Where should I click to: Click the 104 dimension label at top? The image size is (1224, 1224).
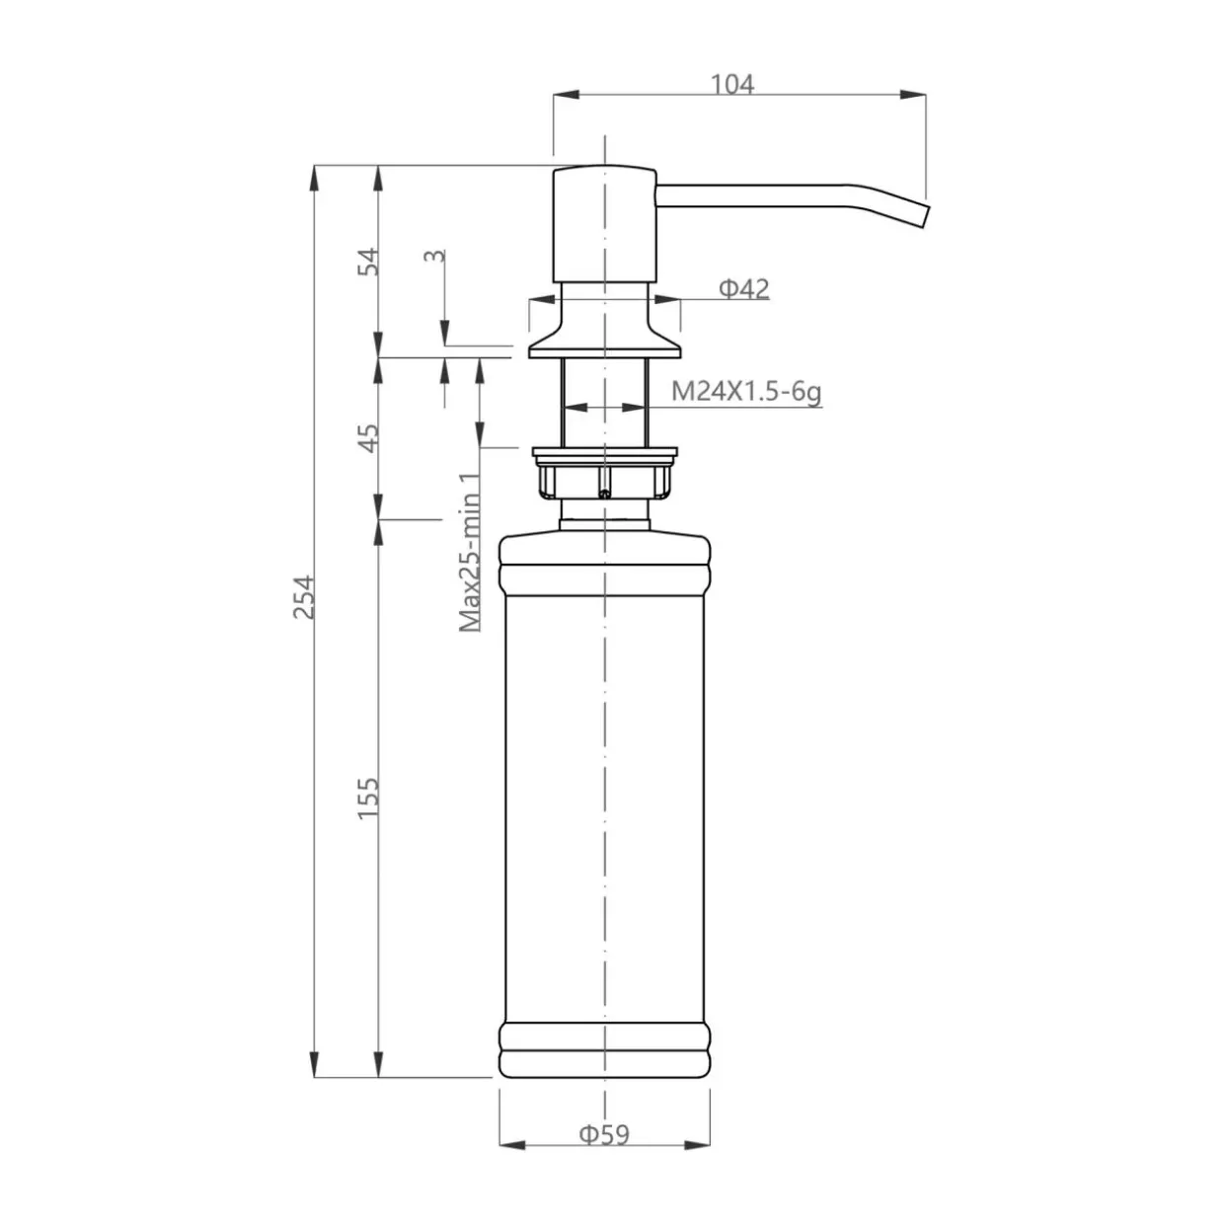click(x=732, y=84)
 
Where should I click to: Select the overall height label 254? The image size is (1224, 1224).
click(x=304, y=596)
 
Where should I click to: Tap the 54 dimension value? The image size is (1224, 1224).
click(x=368, y=262)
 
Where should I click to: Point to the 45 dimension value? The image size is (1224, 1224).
click(x=368, y=436)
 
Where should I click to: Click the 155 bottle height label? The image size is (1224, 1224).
click(x=368, y=798)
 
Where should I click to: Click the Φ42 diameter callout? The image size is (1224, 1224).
click(x=743, y=288)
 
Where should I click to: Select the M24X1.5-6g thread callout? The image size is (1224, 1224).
click(x=746, y=392)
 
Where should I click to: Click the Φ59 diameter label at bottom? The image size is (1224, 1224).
click(x=604, y=1134)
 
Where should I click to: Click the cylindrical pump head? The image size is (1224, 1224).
click(x=603, y=224)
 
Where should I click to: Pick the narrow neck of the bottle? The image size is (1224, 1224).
click(x=604, y=514)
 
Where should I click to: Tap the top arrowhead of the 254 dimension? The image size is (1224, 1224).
click(x=314, y=178)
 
